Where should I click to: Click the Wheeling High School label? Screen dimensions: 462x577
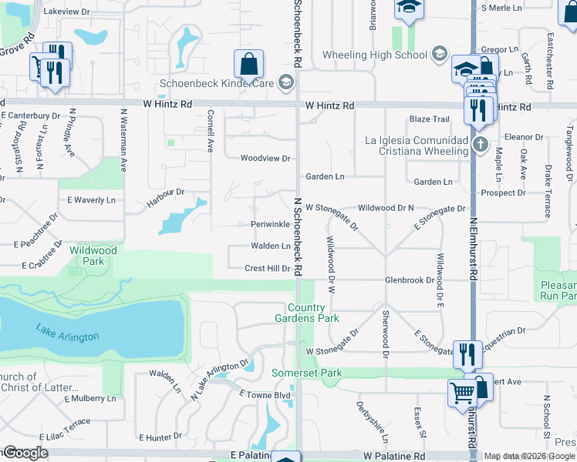374,55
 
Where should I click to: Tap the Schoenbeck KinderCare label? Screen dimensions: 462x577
217,84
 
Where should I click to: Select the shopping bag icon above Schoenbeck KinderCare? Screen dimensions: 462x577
248,64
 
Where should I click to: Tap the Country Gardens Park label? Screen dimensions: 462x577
307,313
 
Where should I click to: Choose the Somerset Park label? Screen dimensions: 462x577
306,373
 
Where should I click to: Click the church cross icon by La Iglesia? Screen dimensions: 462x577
479,144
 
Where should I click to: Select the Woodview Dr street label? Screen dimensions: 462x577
265,159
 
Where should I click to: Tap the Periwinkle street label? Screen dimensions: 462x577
270,224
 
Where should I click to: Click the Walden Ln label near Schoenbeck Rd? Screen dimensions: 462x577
270,246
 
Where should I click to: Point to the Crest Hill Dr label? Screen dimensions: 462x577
267,269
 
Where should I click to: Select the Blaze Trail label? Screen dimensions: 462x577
429,119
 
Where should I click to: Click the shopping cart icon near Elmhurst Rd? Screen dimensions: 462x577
462,393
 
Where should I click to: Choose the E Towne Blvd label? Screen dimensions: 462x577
264,394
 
